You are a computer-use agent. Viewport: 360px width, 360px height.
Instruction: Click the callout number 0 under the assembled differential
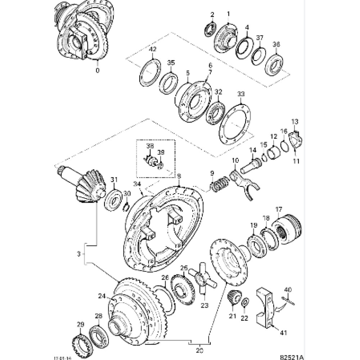pyautogui.click(x=97, y=71)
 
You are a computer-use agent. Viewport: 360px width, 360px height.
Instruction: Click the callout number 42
pyautogui.click(x=153, y=49)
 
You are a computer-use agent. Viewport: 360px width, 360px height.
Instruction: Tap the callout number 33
pyautogui.click(x=241, y=94)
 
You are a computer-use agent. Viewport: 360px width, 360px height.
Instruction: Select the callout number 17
pyautogui.click(x=279, y=209)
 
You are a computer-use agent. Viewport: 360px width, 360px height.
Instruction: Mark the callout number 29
pyautogui.click(x=80, y=325)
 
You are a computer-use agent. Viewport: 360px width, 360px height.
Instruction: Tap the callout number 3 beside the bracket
pyautogui.click(x=79, y=254)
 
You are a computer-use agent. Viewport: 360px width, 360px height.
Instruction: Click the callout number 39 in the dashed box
pyautogui.click(x=161, y=152)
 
